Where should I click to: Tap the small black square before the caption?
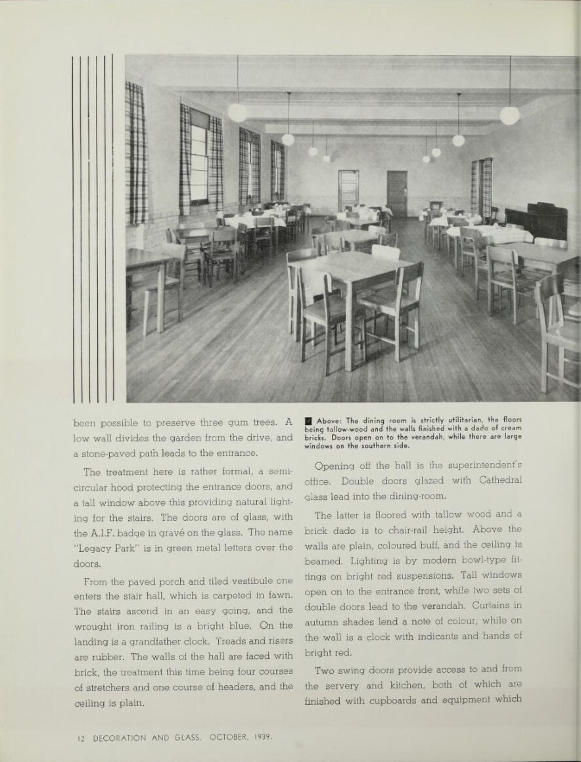tap(309, 420)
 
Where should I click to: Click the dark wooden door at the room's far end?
tap(396, 193)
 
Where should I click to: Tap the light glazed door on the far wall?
tap(348, 191)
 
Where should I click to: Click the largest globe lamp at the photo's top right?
tap(509, 115)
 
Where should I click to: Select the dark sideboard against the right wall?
tap(536, 221)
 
